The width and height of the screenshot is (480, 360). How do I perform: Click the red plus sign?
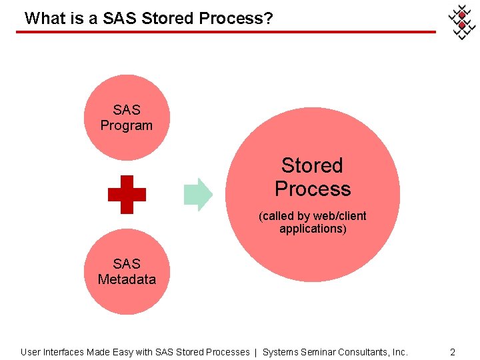127,194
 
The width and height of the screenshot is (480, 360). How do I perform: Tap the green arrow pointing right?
198,194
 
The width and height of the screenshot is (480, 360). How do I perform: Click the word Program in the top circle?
127,125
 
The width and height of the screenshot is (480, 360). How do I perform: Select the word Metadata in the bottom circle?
127,279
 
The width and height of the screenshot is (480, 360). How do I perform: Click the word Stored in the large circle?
312,165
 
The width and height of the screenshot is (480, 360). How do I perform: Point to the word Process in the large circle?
313,189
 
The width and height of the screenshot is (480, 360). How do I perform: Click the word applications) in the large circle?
313,229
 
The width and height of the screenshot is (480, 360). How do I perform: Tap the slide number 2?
453,351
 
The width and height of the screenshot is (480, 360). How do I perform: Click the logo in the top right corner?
461,21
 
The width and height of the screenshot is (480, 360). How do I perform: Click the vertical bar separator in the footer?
257,351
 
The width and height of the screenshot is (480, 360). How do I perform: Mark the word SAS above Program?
127,110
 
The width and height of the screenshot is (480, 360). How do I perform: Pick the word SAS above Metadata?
127,264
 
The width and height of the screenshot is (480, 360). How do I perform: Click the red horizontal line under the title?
227,31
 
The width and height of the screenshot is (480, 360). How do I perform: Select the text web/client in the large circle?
339,216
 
